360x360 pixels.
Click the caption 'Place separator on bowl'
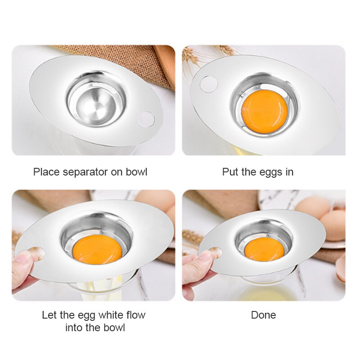pyautogui.click(x=90, y=172)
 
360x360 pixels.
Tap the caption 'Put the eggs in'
pyautogui.click(x=257, y=172)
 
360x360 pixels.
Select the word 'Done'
pyautogui.click(x=263, y=315)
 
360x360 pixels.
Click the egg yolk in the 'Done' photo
pyautogui.click(x=264, y=249)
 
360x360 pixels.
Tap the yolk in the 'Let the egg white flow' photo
pyautogui.click(x=97, y=249)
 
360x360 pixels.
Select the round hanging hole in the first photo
pyautogui.click(x=146, y=119)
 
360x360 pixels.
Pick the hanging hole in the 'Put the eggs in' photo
pyautogui.click(x=208, y=84)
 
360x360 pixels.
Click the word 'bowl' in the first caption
pyautogui.click(x=136, y=172)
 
